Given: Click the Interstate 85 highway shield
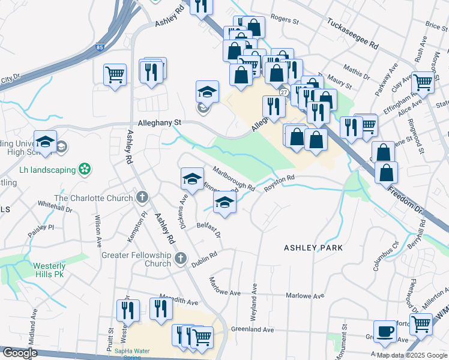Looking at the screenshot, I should click(x=98, y=46).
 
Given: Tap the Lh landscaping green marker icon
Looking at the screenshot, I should click(x=85, y=169).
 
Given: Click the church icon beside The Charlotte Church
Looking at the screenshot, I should click(x=142, y=197).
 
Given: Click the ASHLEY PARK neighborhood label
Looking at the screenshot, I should click(x=313, y=247).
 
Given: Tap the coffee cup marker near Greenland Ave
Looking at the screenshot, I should click(x=385, y=331).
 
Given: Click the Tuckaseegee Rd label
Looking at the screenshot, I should click(x=353, y=34).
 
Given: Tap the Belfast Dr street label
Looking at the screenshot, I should click(x=209, y=229).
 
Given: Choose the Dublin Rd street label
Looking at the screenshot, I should click(x=204, y=259).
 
